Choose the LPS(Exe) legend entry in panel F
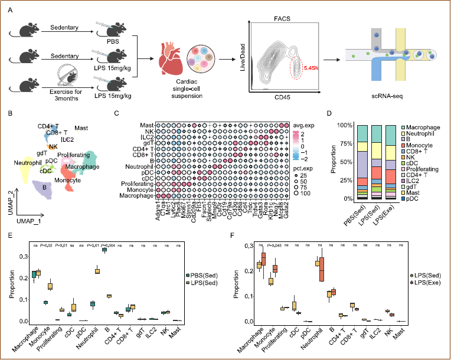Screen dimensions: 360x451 click(426, 284)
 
